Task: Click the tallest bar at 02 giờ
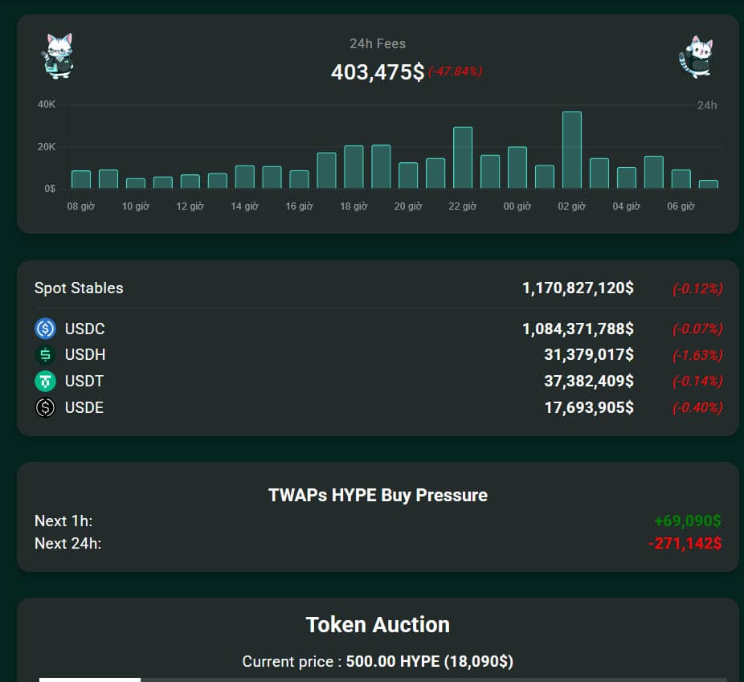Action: [572, 149]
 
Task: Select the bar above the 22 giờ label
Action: [463, 157]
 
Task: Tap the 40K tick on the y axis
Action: [46, 104]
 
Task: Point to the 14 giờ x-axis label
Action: [244, 206]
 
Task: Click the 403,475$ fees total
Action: [378, 71]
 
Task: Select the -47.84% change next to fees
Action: [455, 71]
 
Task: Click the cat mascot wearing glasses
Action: [57, 56]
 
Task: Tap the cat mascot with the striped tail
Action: [696, 56]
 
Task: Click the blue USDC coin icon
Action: [46, 329]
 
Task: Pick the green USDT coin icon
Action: [46, 381]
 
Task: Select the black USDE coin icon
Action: [46, 407]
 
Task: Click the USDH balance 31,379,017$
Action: [588, 355]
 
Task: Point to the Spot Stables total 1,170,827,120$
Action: [578, 288]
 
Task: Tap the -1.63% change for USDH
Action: [697, 355]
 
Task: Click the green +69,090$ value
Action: [688, 521]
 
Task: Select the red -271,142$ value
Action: [685, 544]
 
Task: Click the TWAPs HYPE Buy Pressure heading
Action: [378, 495]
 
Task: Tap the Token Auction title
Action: [378, 624]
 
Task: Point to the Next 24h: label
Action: [67, 544]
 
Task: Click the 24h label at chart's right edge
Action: [706, 105]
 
